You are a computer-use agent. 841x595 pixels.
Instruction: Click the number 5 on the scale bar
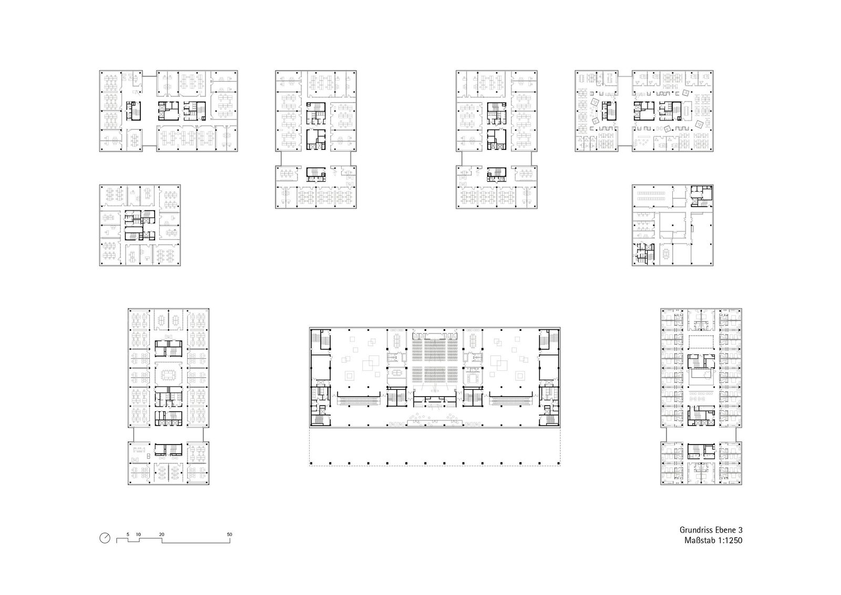click(128, 534)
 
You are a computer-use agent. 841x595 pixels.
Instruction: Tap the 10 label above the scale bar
click(139, 534)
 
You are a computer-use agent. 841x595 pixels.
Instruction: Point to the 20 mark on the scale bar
click(161, 534)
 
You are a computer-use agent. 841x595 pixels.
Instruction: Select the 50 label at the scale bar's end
click(229, 534)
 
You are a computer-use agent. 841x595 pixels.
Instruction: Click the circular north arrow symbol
click(105, 538)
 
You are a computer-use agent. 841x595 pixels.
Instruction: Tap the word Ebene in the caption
click(725, 530)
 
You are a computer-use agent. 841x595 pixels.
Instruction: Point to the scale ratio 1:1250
click(730, 540)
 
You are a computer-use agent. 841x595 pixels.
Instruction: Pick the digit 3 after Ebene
click(740, 530)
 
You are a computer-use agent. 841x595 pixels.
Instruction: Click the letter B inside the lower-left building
click(148, 456)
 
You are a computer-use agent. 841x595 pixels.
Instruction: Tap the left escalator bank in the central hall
click(358, 401)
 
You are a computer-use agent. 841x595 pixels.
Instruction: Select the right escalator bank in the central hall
click(510, 401)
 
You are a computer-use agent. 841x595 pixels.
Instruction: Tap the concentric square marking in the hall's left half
click(350, 375)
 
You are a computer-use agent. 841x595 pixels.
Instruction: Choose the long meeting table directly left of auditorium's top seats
click(397, 340)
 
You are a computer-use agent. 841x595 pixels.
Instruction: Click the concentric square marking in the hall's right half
click(520, 375)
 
